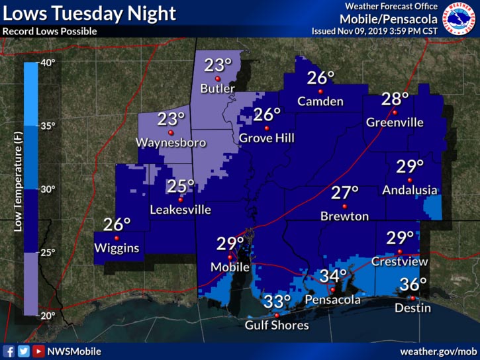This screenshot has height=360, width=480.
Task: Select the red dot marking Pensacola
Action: tap(332, 289)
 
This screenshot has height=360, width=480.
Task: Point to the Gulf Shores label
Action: tap(277, 325)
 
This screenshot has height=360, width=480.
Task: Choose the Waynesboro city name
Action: tap(171, 142)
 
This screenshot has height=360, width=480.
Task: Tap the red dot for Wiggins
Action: tap(117, 238)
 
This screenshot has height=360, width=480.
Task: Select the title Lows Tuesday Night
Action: tap(89, 13)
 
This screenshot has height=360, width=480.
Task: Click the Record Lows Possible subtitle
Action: tap(50, 31)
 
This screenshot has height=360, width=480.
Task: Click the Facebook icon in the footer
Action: tap(9, 351)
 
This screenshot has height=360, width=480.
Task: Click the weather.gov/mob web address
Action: tap(438, 351)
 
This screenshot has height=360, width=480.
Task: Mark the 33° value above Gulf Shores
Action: tap(277, 302)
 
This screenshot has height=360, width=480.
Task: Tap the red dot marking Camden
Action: tap(320, 91)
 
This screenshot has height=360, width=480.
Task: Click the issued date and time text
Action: tap(374, 31)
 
